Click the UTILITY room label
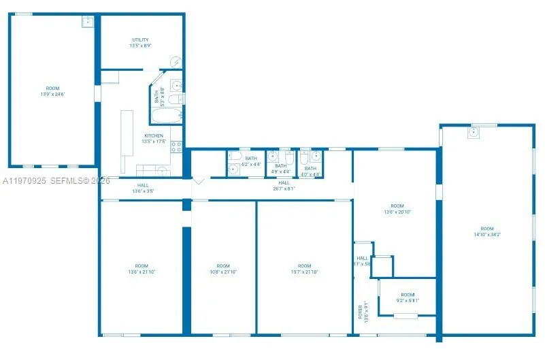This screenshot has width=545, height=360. (x=141, y=40)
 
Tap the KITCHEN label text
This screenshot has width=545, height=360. (x=153, y=135)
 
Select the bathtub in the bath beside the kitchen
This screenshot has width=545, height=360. (x=165, y=116)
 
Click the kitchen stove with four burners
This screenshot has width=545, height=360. (x=176, y=145)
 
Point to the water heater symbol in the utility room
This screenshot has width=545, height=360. (x=176, y=62)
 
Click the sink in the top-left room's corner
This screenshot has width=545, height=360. (x=88, y=21)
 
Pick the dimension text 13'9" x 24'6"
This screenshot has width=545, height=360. (x=52, y=94)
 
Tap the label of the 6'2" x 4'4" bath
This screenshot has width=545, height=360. (x=251, y=159)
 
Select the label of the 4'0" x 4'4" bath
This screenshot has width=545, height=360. (x=310, y=168)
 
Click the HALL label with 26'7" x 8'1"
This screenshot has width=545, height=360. (x=284, y=182)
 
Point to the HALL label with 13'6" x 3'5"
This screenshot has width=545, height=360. (x=143, y=185)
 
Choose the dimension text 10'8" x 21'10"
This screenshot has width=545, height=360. (x=222, y=272)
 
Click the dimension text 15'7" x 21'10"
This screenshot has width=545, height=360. (x=304, y=272)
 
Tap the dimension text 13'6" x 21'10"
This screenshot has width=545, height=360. (x=141, y=272)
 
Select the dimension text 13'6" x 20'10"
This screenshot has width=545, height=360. (x=397, y=212)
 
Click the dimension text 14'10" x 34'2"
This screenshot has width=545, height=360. (x=486, y=234)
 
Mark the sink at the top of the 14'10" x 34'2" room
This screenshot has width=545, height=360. (x=474, y=132)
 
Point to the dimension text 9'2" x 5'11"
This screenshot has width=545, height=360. (x=408, y=300)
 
